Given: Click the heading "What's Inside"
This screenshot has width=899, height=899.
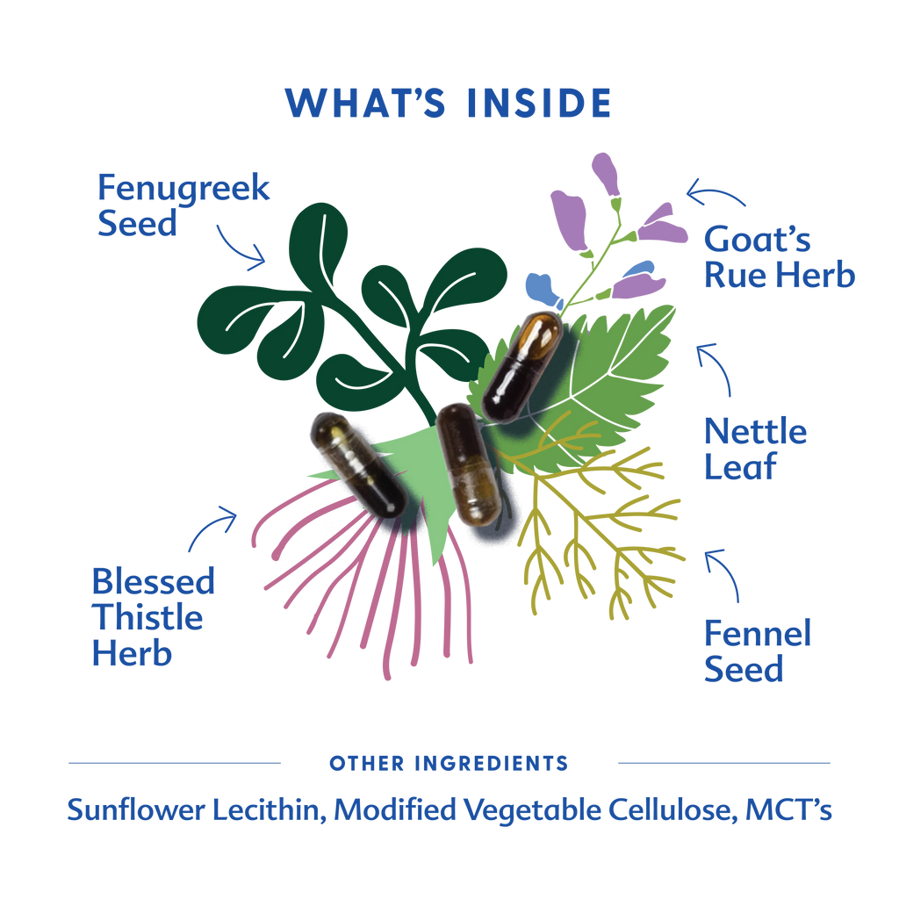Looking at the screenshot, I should tap(448, 104).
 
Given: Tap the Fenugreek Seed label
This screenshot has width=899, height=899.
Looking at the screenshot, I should tap(183, 205).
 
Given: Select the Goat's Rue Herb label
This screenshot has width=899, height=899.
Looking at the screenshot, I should tap(778, 257).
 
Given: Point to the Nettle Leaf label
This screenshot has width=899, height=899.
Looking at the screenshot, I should tap(755, 449).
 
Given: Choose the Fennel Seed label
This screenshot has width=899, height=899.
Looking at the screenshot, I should tap(757, 651).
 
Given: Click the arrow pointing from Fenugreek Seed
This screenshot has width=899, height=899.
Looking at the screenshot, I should tap(241, 246).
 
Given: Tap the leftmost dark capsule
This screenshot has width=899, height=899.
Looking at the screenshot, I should tap(356, 461).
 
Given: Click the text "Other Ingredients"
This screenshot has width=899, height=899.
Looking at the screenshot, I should tap(449, 763).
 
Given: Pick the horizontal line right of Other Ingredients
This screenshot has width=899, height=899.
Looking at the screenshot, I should tap(723, 763).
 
